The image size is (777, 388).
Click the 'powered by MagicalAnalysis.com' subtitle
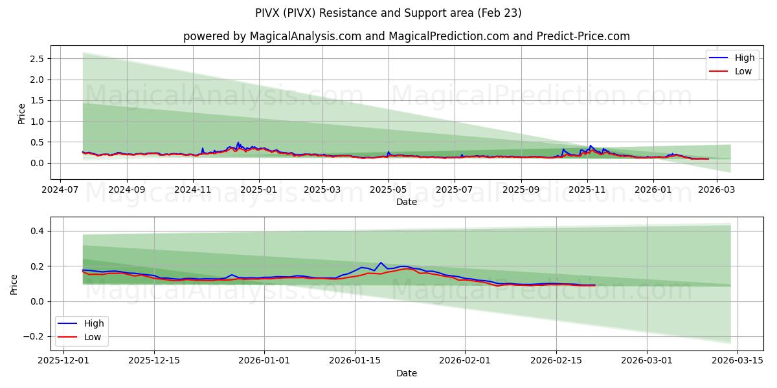pyautogui.click(x=406, y=36)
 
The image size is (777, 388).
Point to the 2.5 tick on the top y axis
pyautogui.click(x=36, y=59)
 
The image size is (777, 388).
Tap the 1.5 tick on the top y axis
pyautogui.click(x=36, y=100)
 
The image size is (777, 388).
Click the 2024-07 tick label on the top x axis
pyautogui.click(x=60, y=191)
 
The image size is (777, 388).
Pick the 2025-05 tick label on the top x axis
pyautogui.click(x=388, y=191)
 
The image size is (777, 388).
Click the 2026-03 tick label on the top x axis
pyautogui.click(x=717, y=191)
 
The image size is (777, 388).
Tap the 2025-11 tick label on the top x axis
pyautogui.click(x=587, y=191)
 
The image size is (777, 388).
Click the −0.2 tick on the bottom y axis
pyautogui.click(x=33, y=336)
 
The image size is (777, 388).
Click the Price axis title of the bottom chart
pyautogui.click(x=14, y=284)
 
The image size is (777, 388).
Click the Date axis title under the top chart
pyautogui.click(x=406, y=202)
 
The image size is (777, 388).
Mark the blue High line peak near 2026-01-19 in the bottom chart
pyautogui.click(x=381, y=263)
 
